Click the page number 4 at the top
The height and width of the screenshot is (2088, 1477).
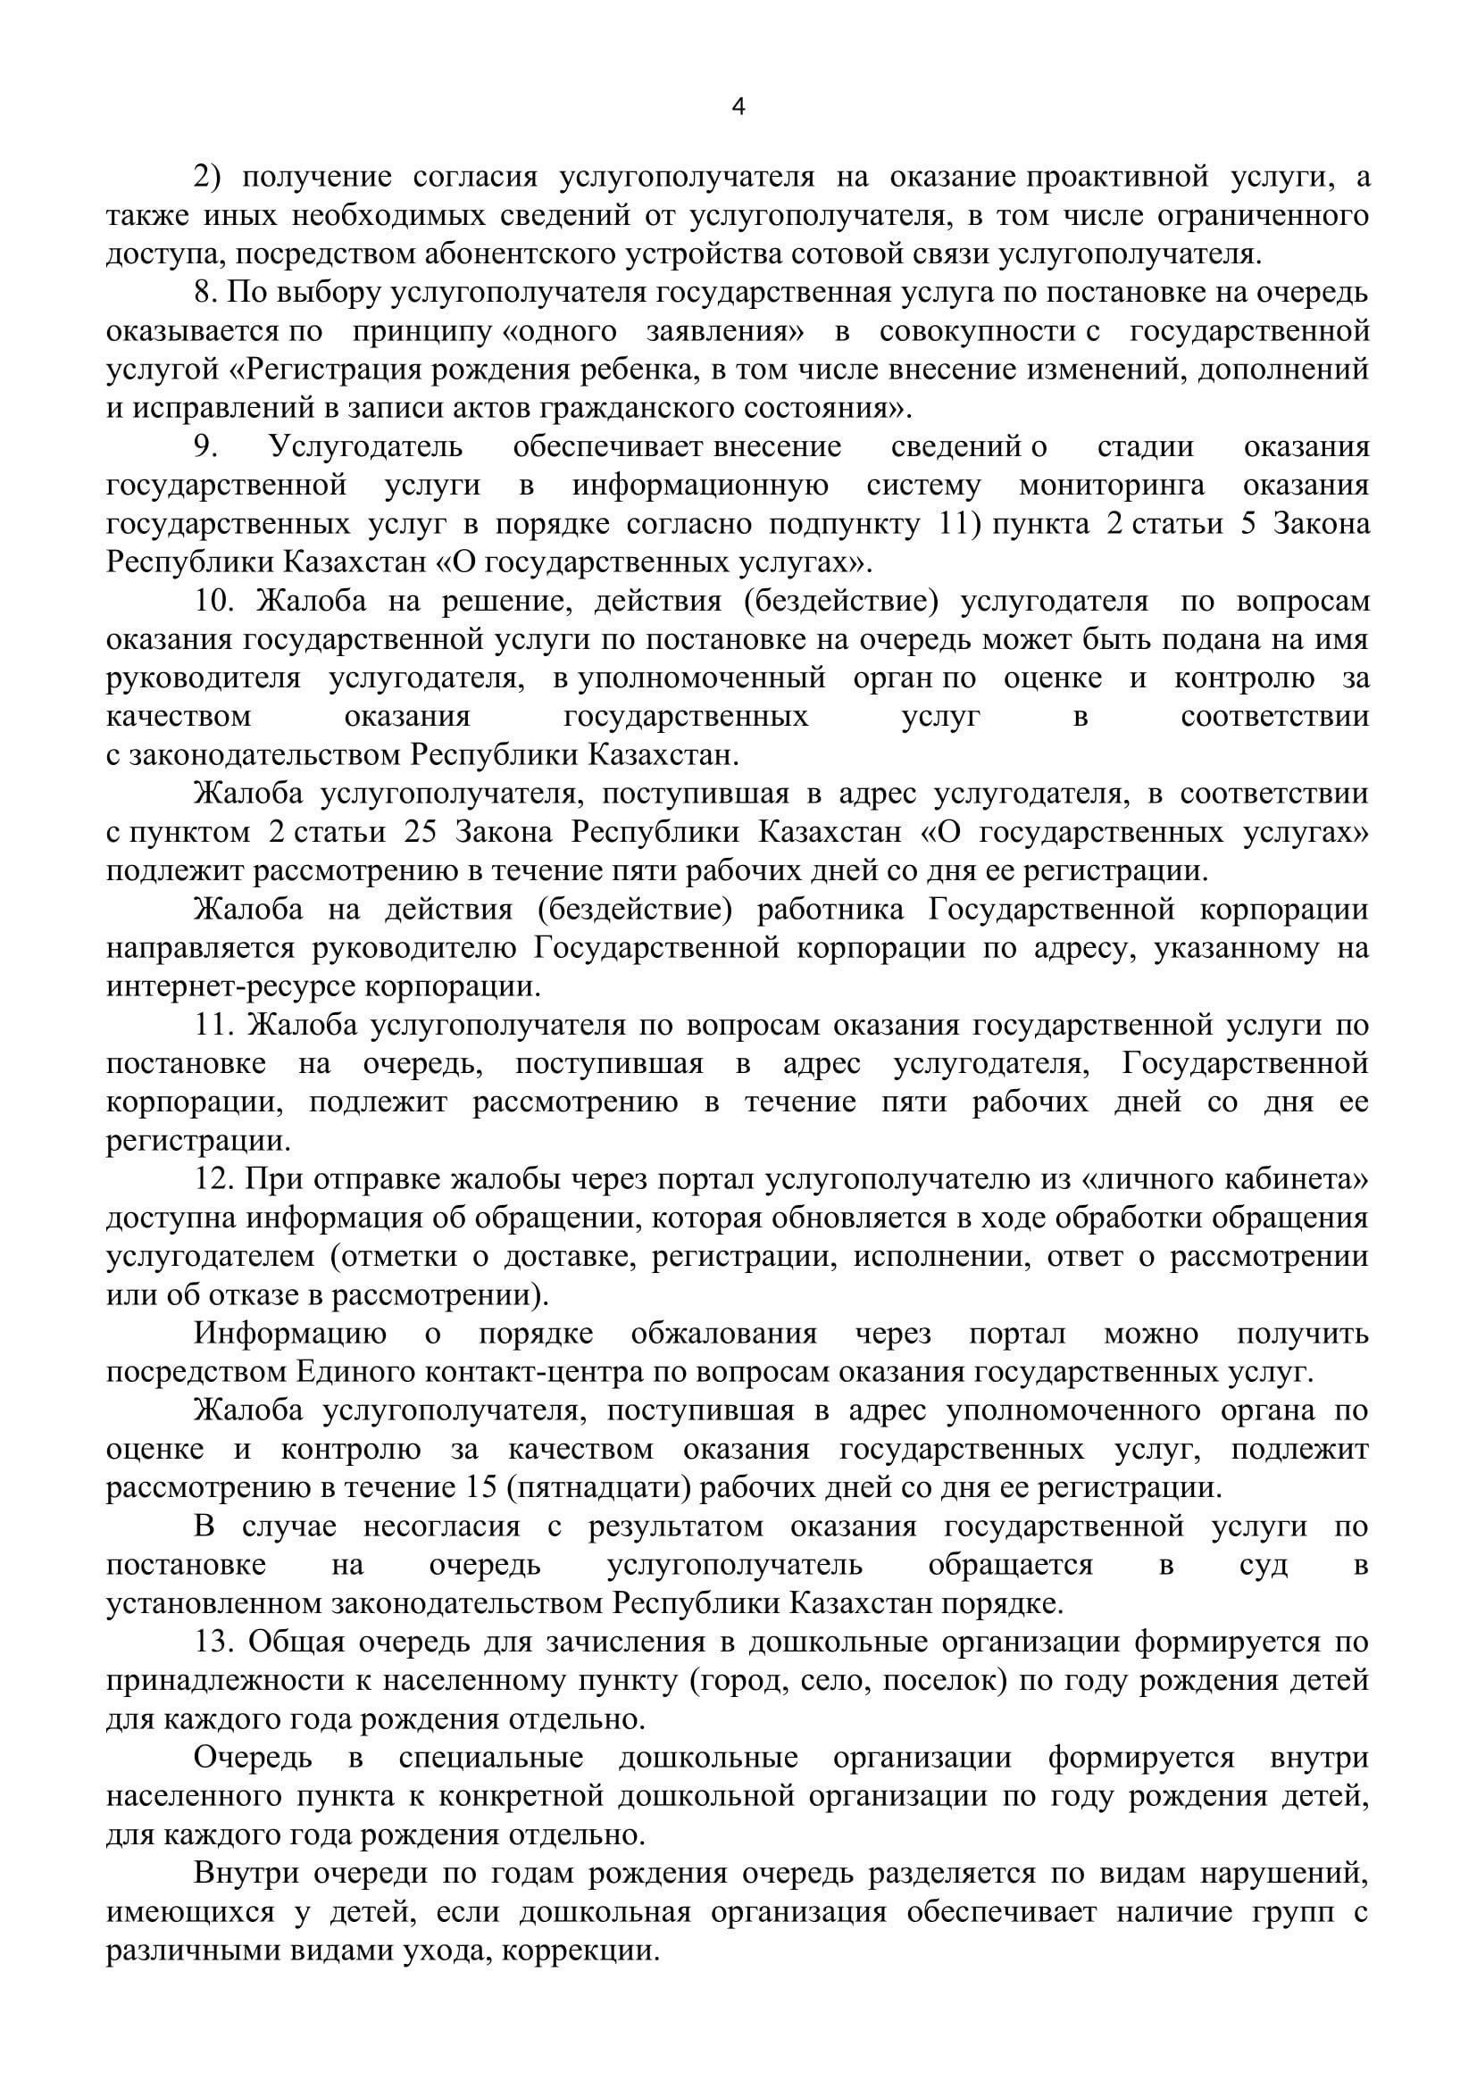click(738, 108)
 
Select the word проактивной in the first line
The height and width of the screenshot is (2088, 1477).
click(1117, 178)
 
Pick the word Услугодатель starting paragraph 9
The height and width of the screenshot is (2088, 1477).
click(365, 447)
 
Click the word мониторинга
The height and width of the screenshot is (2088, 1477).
click(1112, 486)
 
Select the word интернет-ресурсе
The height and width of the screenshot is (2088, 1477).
click(231, 986)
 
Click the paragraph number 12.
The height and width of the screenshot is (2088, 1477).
click(214, 1179)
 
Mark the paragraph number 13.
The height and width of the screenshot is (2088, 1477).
click(214, 1643)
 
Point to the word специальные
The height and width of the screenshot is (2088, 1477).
click(491, 1759)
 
